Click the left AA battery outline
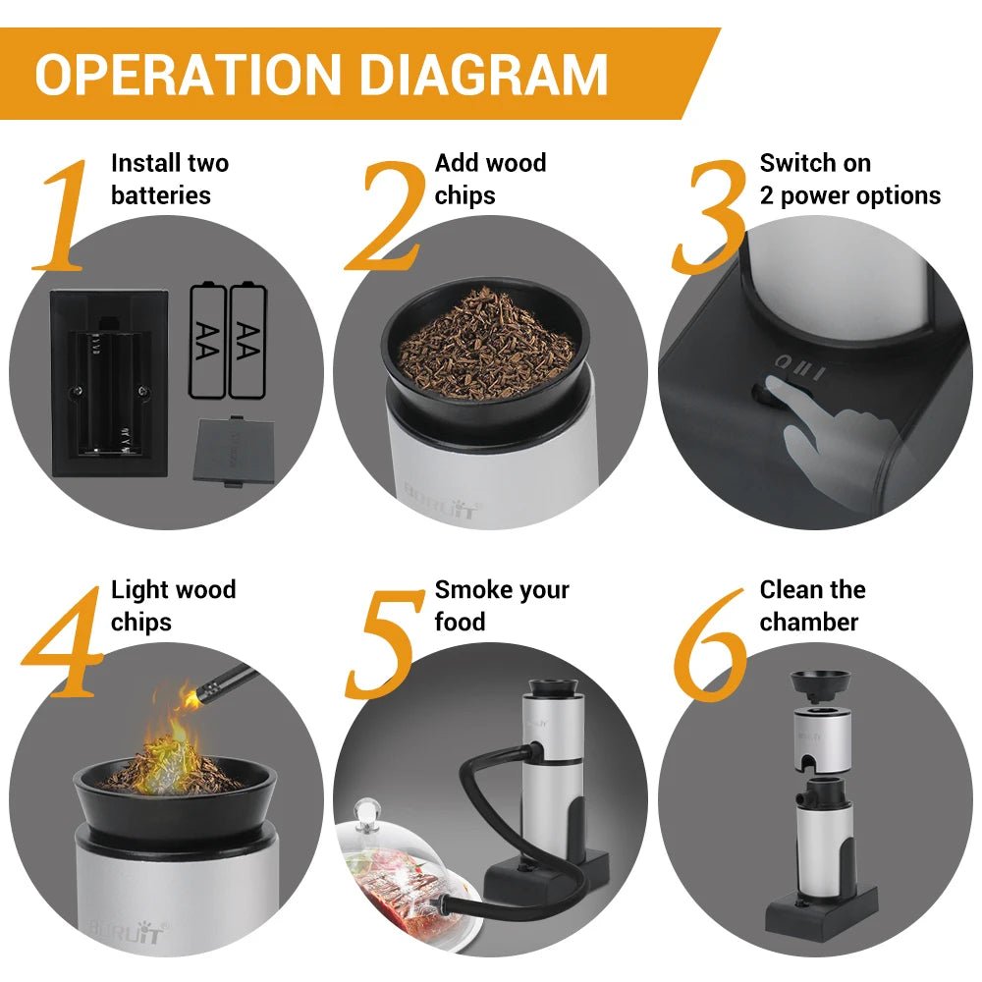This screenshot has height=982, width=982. coord(207,341)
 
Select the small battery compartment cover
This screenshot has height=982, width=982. coord(234,450)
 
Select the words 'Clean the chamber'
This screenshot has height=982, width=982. coord(812,606)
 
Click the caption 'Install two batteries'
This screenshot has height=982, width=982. coord(169,179)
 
